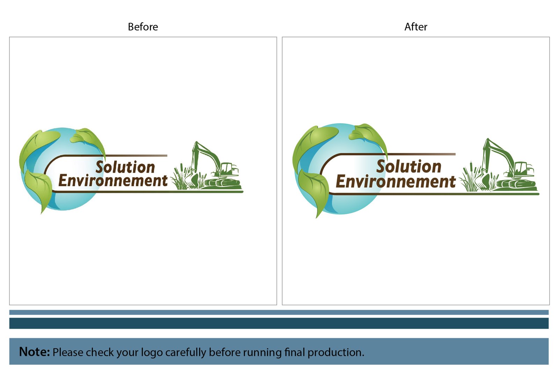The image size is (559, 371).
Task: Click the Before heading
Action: click(143, 27)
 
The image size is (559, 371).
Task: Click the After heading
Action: click(416, 27)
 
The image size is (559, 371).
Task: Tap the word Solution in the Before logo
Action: click(125, 167)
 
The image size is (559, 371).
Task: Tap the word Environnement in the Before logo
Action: click(113, 181)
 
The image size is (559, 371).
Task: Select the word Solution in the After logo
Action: click(409, 166)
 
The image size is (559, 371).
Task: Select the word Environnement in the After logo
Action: click(396, 181)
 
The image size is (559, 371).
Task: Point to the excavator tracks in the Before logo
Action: click(223, 183)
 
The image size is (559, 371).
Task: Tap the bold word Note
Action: click(35, 352)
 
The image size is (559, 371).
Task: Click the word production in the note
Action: click(336, 352)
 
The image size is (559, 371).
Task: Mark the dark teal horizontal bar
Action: click(279, 323)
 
